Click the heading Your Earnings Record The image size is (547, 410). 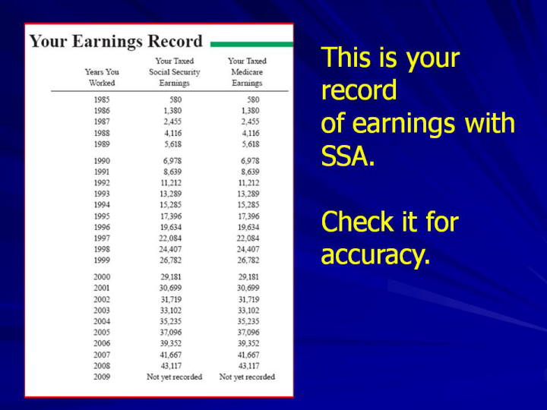click(x=115, y=42)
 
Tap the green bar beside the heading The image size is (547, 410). click(x=251, y=44)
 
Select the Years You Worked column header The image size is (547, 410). click(x=102, y=77)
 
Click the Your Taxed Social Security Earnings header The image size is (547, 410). click(x=175, y=72)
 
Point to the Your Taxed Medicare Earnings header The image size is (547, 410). click(x=247, y=72)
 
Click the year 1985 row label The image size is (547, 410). click(x=102, y=99)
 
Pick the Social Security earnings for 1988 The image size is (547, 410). click(x=173, y=133)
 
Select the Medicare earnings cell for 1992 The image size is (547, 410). click(x=248, y=183)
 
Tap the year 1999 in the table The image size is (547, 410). click(x=102, y=260)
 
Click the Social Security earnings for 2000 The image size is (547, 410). click(x=171, y=277)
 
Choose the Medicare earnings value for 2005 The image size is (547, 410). click(x=248, y=333)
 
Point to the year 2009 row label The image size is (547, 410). click(x=102, y=377)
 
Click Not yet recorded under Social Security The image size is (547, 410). click(x=175, y=377)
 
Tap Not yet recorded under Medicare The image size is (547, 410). click(x=247, y=377)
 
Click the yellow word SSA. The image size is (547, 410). click(x=347, y=156)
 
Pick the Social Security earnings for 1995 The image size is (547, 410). click(x=171, y=216)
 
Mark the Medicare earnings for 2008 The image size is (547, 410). click(x=248, y=366)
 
